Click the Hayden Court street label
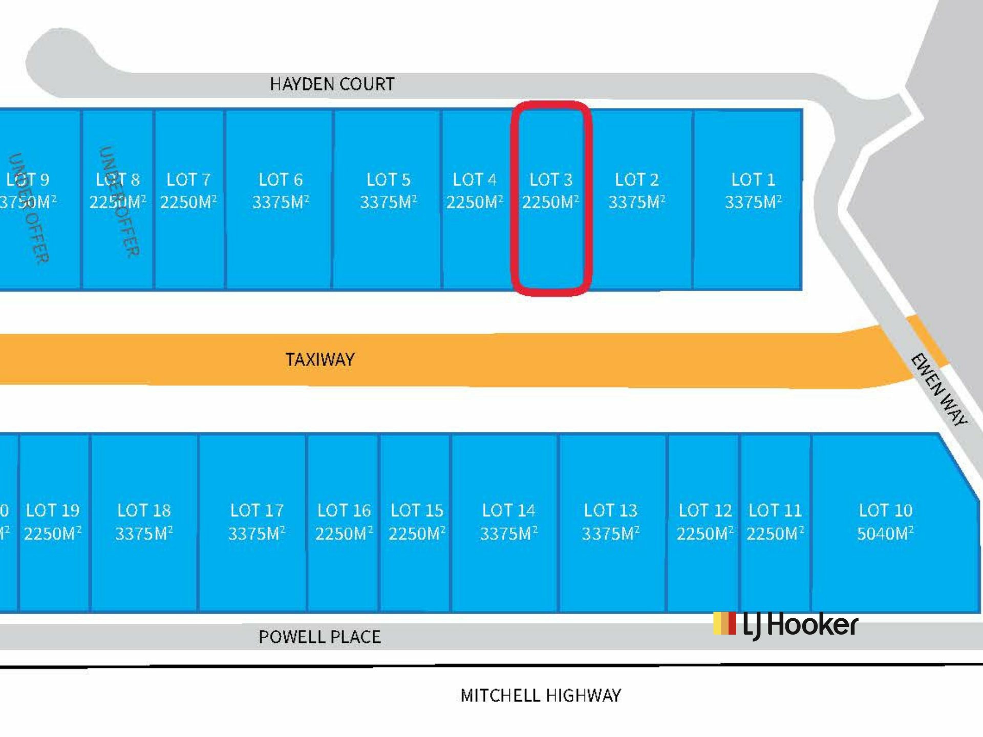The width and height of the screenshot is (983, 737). point(332,84)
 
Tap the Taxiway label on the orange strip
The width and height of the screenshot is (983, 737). point(320,359)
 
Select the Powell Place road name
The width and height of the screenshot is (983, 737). point(319,637)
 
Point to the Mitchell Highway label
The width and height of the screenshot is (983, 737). point(541,696)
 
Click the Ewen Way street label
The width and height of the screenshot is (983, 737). point(939,390)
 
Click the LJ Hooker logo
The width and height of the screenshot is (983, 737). point(785,625)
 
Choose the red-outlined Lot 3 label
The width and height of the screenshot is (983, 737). point(551,180)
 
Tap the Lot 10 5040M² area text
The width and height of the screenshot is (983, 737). point(885,534)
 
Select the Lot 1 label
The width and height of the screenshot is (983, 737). point(753,180)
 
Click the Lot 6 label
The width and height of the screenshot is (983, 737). point(281,180)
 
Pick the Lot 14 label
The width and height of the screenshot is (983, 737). point(508,510)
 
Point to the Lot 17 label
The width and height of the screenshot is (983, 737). point(257,510)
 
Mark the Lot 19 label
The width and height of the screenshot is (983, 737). point(53,510)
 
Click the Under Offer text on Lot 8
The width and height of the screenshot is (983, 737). point(119,202)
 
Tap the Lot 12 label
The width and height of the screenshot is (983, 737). point(705,510)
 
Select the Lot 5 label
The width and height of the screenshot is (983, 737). point(388,180)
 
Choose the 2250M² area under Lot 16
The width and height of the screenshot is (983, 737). point(344,534)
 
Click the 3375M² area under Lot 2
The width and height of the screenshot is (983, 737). point(636,202)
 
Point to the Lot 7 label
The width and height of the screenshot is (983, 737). point(188,180)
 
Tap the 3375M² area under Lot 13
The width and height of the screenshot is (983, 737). point(610,534)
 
